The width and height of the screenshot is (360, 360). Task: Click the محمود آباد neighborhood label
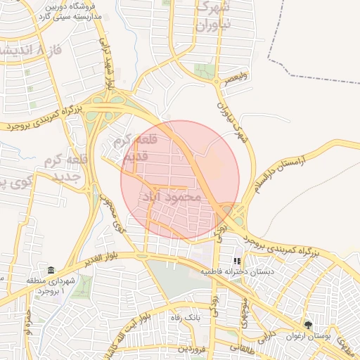click(172, 198)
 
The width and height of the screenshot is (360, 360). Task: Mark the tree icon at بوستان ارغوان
click(308, 324)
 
